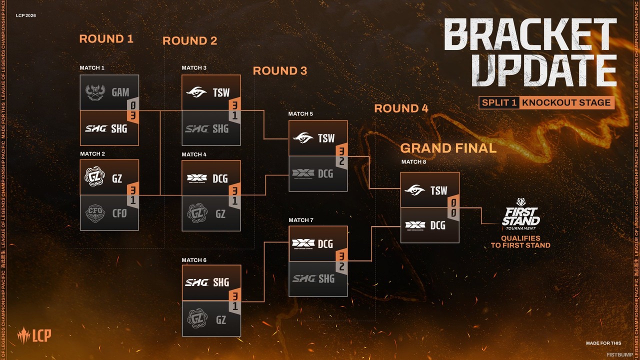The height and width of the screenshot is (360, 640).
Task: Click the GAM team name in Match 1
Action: (x=120, y=92)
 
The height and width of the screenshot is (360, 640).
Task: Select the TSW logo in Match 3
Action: (x=196, y=92)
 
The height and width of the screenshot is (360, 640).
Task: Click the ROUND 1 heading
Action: (x=106, y=39)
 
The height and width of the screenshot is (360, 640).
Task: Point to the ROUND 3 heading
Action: (x=280, y=71)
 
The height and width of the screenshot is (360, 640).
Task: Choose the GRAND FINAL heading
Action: (x=448, y=148)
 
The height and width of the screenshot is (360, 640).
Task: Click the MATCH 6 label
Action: (x=194, y=260)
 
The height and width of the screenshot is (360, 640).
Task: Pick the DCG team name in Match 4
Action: (x=220, y=178)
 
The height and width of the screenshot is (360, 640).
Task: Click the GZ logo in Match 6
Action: (x=196, y=318)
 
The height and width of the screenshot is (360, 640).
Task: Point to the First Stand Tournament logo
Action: (x=520, y=214)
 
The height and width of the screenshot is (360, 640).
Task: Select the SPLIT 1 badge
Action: (x=498, y=102)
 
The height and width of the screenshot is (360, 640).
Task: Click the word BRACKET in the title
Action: (x=530, y=35)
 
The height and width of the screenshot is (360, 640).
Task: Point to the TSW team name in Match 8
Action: (x=439, y=190)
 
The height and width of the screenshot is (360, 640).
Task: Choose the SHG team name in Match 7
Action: (x=326, y=278)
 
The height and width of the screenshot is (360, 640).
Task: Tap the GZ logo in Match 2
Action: (x=95, y=177)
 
